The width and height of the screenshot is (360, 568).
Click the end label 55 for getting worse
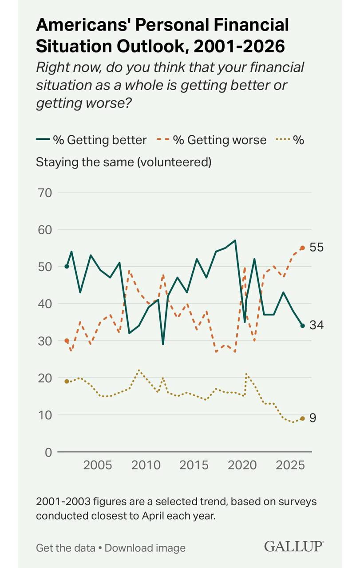(x=317, y=248)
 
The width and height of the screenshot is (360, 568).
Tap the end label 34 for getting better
(x=317, y=325)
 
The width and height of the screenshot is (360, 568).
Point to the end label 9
(x=313, y=418)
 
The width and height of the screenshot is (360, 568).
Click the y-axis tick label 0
(x=48, y=452)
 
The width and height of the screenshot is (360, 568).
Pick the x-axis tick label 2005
(x=97, y=466)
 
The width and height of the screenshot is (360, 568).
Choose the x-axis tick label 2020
(x=243, y=466)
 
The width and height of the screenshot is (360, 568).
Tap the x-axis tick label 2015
(x=194, y=466)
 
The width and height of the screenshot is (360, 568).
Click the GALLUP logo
(x=294, y=547)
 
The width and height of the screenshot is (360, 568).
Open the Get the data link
(x=66, y=548)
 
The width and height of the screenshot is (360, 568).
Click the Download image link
(x=145, y=548)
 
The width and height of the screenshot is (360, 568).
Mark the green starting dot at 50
(x=67, y=266)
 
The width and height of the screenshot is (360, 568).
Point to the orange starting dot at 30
(x=67, y=341)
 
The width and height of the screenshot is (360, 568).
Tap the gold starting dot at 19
(x=67, y=381)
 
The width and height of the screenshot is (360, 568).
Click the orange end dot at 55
(x=303, y=248)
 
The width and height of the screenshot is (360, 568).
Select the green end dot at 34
(x=303, y=326)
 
